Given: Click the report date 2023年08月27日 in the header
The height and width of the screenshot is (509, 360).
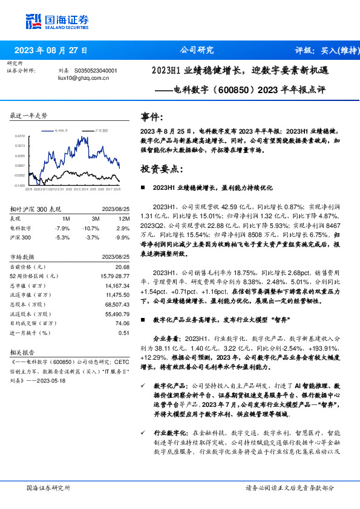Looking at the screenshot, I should (x=51, y=50).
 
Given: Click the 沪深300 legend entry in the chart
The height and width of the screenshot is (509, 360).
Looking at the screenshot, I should (x=102, y=130).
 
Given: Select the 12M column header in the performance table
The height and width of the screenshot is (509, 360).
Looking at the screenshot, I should (x=125, y=218).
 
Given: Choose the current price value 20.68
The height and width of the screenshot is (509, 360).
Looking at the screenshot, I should (x=122, y=267).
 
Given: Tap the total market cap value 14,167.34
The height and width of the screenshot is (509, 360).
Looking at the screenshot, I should (x=117, y=286).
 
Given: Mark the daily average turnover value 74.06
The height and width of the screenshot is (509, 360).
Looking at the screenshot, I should (x=122, y=325).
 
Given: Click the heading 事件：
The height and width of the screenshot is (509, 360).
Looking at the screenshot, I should (x=152, y=117).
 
